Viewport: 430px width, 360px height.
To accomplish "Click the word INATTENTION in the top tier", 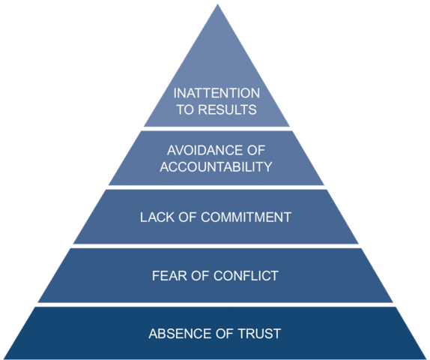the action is tap(216, 93).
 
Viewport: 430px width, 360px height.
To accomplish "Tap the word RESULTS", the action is tap(227, 109).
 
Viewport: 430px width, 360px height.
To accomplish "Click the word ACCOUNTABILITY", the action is tap(216, 166).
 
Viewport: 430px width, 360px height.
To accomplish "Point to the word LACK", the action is tap(157, 217).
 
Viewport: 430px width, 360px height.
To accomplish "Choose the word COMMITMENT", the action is tap(246, 217).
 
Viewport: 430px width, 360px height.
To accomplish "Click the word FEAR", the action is tap(169, 276).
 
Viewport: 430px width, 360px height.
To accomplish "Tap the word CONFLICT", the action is tap(246, 276).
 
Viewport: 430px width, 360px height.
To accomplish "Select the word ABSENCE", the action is tap(181, 334).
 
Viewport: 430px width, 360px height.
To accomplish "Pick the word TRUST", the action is tap(259, 334).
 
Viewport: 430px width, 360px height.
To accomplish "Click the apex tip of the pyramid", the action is tap(217, 4).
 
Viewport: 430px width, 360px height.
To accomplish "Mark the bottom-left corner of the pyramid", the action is tap(4, 358).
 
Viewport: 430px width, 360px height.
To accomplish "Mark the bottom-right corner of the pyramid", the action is tap(427, 358).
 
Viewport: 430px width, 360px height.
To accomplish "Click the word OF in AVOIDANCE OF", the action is tap(256, 150).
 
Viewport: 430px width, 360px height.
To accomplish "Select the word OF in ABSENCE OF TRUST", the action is tap(225, 334).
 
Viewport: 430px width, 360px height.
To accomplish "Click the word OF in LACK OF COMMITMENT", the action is tap(187, 217).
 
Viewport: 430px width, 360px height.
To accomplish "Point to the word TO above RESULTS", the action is tap(185, 109).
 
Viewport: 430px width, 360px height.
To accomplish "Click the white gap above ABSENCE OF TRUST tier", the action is tap(215, 304).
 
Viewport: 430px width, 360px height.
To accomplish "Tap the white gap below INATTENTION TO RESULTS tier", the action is tap(216, 129).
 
